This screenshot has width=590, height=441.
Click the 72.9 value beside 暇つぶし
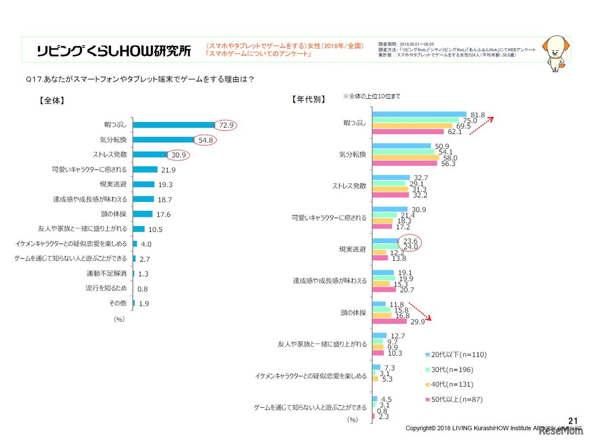(226, 125)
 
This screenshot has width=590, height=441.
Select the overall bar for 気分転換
(163, 140)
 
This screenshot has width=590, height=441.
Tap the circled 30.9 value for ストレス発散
(178, 155)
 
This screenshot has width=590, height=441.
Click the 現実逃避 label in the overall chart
(113, 184)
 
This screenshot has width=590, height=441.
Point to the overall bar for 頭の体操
(142, 214)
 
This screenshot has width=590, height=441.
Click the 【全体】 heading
(52, 100)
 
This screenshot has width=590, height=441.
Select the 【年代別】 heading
(308, 100)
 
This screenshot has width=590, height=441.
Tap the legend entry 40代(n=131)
(452, 384)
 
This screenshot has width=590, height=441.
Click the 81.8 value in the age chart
(478, 115)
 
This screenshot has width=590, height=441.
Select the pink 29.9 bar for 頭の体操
(389, 321)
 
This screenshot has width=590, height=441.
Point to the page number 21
(573, 420)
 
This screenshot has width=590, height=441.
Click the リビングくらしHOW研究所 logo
(114, 51)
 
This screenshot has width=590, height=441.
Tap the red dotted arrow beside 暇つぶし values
(482, 125)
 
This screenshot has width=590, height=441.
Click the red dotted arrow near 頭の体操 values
(420, 311)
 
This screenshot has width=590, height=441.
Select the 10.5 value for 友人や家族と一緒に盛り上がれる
(155, 229)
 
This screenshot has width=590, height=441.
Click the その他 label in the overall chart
(118, 303)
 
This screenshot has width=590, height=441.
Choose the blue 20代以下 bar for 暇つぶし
(419, 114)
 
